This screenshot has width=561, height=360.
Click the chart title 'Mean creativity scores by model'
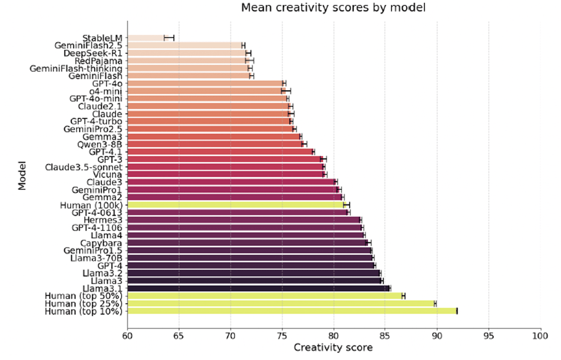tap(333, 8)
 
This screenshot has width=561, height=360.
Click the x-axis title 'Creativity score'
tap(333, 347)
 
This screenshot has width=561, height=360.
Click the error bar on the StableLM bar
tap(169, 38)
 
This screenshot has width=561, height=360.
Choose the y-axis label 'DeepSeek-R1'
tap(93, 53)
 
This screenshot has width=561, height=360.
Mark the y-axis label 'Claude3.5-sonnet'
tap(83, 167)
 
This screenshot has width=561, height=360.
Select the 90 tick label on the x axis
tap(437, 336)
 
